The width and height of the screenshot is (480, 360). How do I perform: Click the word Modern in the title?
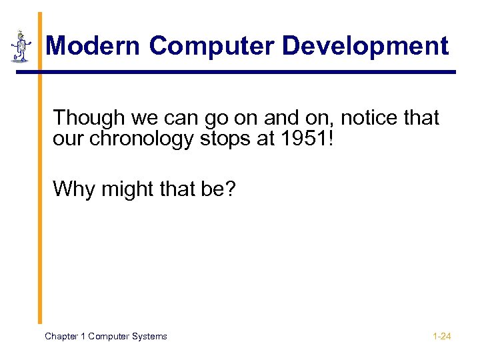click(93, 46)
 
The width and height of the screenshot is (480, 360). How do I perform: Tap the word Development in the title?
click(365, 46)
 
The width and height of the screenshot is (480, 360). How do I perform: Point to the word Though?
click(89, 118)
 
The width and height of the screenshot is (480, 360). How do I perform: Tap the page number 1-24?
click(441, 337)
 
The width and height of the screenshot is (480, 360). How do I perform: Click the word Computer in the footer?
click(109, 337)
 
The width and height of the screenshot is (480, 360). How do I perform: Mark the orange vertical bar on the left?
click(39, 167)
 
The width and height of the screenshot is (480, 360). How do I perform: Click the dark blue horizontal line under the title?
click(247, 72)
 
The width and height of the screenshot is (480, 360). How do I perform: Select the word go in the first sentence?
click(217, 118)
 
